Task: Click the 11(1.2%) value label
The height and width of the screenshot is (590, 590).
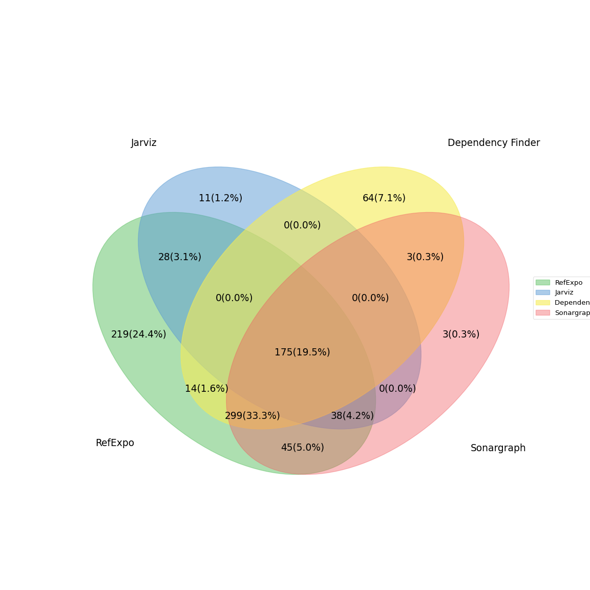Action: point(220,198)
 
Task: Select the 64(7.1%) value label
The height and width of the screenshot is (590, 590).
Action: point(384,198)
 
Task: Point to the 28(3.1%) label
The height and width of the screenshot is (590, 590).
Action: point(180,257)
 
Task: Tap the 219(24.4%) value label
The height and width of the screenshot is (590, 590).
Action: point(139,334)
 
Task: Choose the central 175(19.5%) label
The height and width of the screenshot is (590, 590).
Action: point(302,352)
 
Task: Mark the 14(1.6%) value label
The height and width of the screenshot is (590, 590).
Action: point(206,389)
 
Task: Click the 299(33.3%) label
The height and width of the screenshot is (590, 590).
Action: point(252,416)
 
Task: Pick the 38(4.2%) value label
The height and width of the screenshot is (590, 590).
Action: point(352,416)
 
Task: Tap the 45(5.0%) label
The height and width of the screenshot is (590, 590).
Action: point(302,448)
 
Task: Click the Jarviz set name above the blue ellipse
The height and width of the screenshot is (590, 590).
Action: point(144,143)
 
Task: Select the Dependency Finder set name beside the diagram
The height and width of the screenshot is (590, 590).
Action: point(494,143)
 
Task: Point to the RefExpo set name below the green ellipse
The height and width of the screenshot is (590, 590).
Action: point(115,443)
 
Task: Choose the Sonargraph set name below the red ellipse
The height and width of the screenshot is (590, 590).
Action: point(498,448)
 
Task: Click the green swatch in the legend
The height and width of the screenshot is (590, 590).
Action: point(542,282)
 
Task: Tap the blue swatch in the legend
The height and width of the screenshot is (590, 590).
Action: point(542,292)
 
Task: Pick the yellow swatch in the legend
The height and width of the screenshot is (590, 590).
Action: point(542,303)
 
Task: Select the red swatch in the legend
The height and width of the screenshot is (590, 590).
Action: point(542,313)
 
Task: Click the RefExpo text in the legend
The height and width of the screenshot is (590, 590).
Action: point(568,283)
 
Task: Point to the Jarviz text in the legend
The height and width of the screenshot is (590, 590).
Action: point(564,292)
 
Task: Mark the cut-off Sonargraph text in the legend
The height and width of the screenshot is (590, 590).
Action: point(572,313)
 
